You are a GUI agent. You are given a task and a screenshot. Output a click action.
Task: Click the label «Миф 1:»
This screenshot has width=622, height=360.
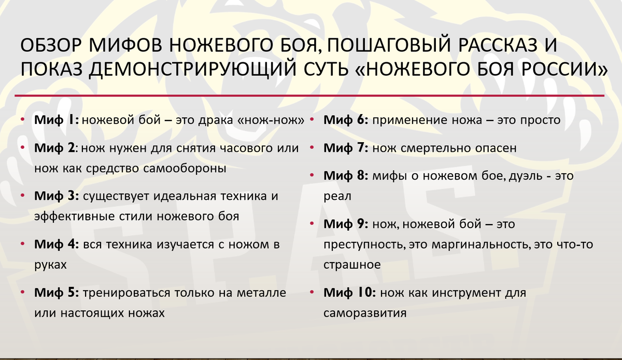(56, 120)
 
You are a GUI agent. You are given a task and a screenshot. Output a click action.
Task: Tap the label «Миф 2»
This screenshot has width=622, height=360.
(55, 148)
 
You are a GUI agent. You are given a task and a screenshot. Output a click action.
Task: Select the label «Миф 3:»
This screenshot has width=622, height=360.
(56, 197)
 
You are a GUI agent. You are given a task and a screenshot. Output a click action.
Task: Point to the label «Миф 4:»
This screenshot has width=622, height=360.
(56, 245)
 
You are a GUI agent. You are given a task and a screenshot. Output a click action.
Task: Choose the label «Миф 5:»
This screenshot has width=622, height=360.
(56, 293)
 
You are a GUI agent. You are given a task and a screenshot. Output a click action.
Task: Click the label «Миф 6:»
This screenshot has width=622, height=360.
(346, 120)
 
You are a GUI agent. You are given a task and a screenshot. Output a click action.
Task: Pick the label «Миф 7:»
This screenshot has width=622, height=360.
(346, 148)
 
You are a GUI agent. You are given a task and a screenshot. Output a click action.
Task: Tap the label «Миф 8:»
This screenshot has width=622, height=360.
(346, 176)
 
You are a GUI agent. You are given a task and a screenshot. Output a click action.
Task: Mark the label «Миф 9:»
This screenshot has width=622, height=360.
(346, 224)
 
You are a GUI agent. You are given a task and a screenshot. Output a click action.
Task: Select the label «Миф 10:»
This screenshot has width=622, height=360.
(349, 293)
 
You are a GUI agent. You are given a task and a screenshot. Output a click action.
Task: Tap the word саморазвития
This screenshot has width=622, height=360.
(364, 313)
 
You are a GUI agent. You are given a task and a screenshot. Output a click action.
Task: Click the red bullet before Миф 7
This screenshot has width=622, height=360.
(312, 148)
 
